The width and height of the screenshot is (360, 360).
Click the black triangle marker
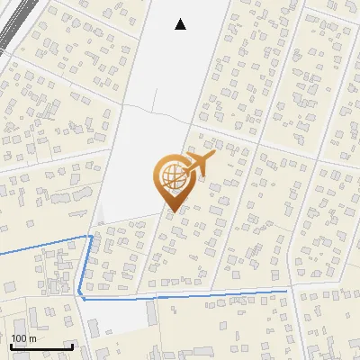pyautogui.click(x=180, y=24)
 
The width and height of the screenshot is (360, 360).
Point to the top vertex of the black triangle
pyautogui.click(x=180, y=19)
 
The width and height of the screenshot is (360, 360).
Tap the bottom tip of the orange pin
pyautogui.click(x=171, y=211)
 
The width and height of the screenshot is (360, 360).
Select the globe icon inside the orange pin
pyautogui.click(x=171, y=173)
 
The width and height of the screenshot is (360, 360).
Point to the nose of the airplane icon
pyautogui.click(x=215, y=154)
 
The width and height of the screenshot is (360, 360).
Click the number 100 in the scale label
pyautogui.click(x=19, y=338)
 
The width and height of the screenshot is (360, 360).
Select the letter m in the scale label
pyautogui.click(x=32, y=338)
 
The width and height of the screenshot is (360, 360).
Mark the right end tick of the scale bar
pyautogui.click(x=72, y=346)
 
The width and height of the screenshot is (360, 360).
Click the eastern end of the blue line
pyautogui.click(x=289, y=290)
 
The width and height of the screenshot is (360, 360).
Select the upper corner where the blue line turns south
pyautogui.click(x=90, y=236)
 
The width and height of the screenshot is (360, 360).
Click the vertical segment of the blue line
pyautogui.click(x=85, y=265)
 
